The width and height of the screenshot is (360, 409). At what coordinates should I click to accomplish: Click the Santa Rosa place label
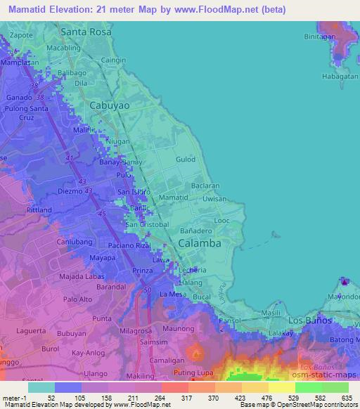pyautogui.click(x=87, y=32)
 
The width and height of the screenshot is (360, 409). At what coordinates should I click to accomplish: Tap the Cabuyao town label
pyautogui.click(x=110, y=105)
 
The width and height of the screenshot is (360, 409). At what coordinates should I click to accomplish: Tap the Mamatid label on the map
pyautogui.click(x=173, y=197)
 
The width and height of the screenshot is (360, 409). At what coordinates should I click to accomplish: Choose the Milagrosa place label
pyautogui.click(x=135, y=331)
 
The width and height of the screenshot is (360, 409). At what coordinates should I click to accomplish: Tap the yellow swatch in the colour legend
pyautogui.click(x=281, y=387)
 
